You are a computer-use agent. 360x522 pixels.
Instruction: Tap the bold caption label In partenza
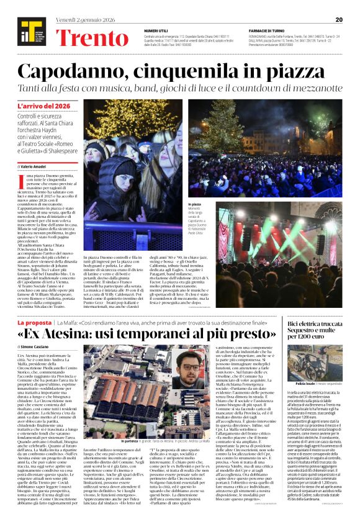tap(133, 423)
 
